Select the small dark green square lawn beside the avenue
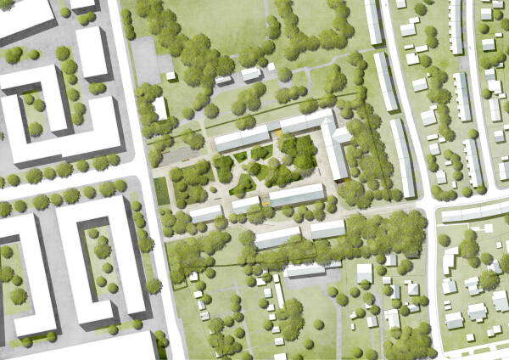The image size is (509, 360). [x=162, y=191]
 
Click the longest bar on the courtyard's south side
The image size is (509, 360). [x=296, y=196]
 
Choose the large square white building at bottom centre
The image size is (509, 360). [x=364, y=273]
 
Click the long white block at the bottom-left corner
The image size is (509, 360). [x=81, y=346]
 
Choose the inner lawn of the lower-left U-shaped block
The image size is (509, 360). [x=106, y=263]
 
